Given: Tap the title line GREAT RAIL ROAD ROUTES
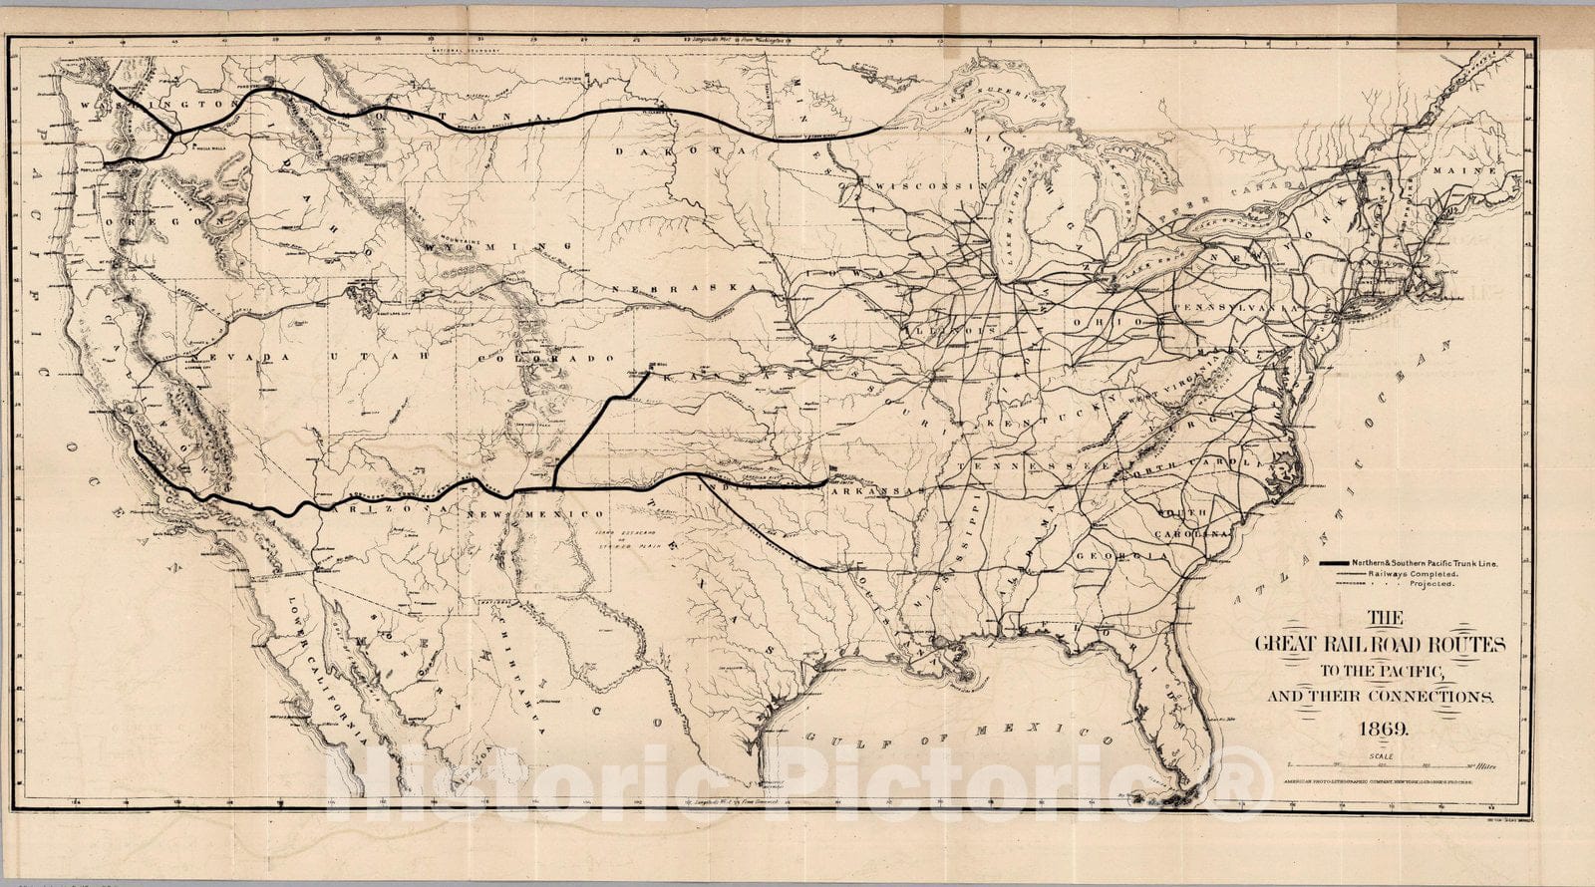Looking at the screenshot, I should tap(1380, 646).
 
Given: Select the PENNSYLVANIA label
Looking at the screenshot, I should tap(1236, 308).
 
